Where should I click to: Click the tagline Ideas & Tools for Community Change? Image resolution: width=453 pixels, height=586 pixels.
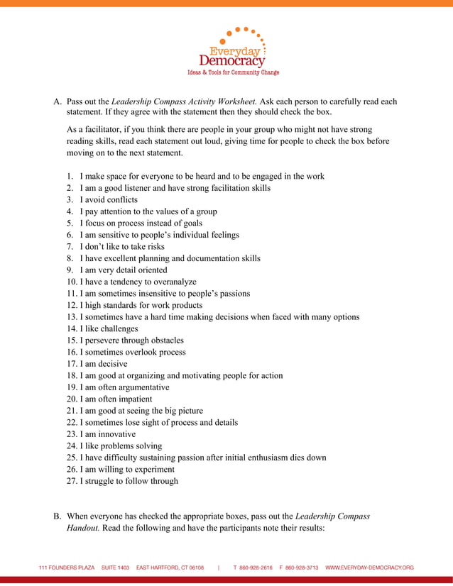pyautogui.click(x=232, y=72)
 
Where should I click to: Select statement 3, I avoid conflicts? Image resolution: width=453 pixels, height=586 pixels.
pyautogui.click(x=109, y=199)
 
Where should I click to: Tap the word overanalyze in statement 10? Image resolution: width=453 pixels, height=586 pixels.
pyautogui.click(x=171, y=282)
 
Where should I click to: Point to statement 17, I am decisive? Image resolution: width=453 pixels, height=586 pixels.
pyautogui.click(x=104, y=364)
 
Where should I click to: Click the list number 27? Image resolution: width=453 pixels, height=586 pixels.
pyautogui.click(x=71, y=481)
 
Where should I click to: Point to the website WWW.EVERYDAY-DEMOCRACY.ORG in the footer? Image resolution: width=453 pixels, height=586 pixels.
pyautogui.click(x=369, y=568)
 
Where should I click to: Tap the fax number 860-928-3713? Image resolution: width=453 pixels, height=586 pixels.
pyautogui.click(x=302, y=568)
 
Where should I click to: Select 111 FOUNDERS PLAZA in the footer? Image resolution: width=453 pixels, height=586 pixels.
pyautogui.click(x=67, y=568)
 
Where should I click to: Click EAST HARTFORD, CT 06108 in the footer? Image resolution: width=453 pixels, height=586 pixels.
pyautogui.click(x=170, y=568)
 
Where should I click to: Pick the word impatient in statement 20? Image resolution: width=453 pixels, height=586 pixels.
pyautogui.click(x=132, y=399)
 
